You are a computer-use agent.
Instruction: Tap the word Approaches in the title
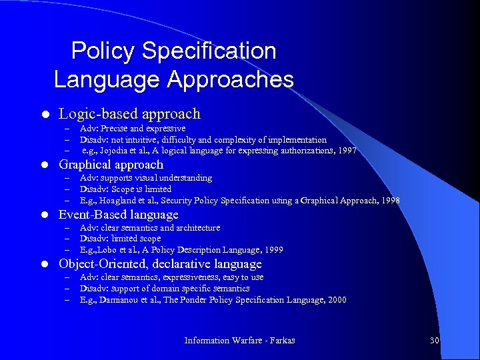coord(230,80)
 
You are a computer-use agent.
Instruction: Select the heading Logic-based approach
coord(129,114)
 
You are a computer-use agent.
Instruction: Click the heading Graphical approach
coord(111,165)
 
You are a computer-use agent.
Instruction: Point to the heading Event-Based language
coord(119,215)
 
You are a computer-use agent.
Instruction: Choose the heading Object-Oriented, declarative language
coord(160,264)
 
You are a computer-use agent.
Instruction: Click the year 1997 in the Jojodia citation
coord(347,151)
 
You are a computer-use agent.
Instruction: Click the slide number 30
coord(434,341)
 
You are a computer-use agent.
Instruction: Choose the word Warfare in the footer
coord(249,341)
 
